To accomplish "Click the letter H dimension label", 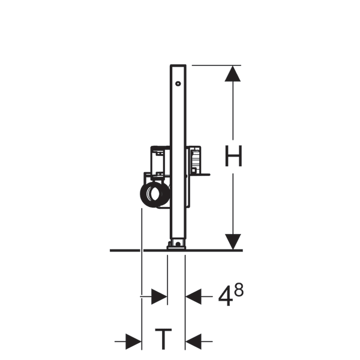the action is coord(233,156).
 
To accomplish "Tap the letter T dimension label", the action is coord(163,339).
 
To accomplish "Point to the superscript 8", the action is coord(239,290).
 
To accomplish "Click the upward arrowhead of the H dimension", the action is coord(233,74).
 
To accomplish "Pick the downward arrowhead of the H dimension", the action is coord(233,242).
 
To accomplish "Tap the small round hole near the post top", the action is coord(178,83).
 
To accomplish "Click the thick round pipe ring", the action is coord(155,194).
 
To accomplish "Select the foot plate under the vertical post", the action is coord(176,247).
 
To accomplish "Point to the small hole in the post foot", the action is coord(178,244).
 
